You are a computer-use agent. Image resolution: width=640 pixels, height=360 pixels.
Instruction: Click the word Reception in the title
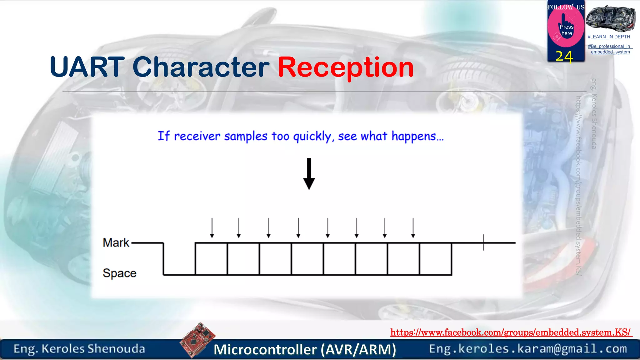pos(346,67)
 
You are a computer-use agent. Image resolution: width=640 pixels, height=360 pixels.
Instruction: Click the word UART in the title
pos(87,67)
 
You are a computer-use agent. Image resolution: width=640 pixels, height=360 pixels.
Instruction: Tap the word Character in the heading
pos(201,67)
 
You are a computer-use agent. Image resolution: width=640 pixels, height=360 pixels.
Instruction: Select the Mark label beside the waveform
pos(116,243)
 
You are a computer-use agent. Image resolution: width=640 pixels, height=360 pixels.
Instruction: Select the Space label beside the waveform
pos(119,273)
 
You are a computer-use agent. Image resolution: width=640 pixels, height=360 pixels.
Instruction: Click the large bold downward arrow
pos(309,174)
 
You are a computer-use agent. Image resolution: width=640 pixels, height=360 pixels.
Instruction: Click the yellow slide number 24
pos(564,57)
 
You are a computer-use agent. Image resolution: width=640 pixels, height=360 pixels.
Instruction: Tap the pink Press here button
pos(566,30)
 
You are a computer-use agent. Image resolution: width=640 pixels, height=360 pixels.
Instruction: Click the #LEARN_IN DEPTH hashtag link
pos(609,37)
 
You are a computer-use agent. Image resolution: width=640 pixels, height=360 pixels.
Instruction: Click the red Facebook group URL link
pos(511,332)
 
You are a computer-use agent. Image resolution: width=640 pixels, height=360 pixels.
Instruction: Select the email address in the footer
pos(528,349)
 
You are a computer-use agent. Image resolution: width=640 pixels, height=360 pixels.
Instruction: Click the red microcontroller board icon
pos(197,340)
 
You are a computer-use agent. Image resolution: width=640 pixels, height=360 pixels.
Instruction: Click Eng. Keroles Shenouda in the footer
pos(79,349)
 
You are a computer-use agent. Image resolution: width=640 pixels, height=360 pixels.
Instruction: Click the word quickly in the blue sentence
pos(312,137)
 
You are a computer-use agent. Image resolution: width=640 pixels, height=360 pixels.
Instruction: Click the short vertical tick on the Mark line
pos(483,242)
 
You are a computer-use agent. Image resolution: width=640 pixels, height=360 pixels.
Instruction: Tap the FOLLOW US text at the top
pos(566,7)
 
